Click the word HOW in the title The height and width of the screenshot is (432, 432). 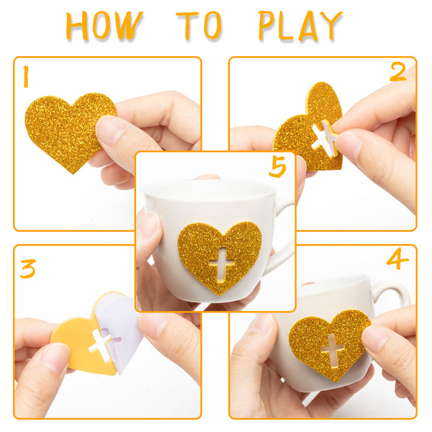pos(104,26)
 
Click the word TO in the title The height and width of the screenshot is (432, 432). pos(199,26)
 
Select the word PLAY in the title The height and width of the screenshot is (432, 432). pos(300,26)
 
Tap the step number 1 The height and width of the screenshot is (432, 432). pos(26,76)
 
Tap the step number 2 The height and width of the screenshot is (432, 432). pos(398,71)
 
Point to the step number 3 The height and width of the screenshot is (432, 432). pos(28,269)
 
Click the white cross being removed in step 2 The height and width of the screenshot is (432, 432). pos(325,138)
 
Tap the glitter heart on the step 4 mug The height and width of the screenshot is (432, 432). pos(329,344)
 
